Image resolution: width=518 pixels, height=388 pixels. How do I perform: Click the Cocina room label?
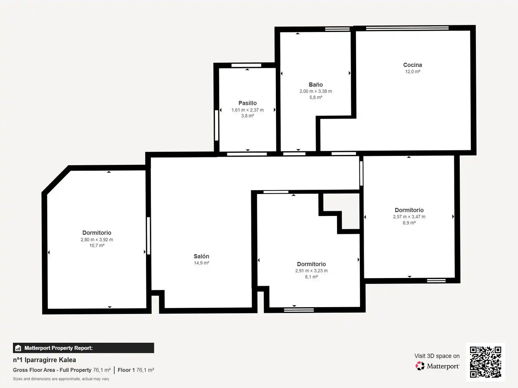[412, 65]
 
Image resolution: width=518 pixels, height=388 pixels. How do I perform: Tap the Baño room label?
[315, 84]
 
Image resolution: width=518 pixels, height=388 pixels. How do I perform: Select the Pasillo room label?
[247, 103]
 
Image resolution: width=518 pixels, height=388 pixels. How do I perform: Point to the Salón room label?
[201, 256]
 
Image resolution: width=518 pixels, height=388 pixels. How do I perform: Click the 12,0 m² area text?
[413, 71]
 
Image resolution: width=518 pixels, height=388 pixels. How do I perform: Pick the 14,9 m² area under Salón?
[201, 263]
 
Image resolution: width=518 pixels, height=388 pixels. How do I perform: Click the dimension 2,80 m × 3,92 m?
[97, 240]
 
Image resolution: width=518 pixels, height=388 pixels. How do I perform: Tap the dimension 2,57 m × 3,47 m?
[409, 217]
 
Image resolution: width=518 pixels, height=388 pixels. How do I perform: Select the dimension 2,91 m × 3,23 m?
[311, 271]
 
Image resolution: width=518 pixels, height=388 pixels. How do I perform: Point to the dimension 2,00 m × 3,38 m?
[315, 91]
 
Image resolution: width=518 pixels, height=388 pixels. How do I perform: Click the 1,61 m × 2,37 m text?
[247, 110]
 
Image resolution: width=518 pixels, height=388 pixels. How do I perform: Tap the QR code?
[485, 362]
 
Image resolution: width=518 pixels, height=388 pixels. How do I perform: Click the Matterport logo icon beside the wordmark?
[420, 366]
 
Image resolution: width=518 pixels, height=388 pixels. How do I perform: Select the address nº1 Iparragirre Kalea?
[44, 360]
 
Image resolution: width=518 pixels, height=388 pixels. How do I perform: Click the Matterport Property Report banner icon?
[18, 348]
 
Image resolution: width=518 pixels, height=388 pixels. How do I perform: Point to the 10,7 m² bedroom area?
[97, 245]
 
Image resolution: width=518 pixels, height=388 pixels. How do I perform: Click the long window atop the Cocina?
[407, 28]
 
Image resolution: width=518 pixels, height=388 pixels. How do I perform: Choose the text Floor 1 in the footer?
[126, 370]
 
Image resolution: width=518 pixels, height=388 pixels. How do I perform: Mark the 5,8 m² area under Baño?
[315, 97]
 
